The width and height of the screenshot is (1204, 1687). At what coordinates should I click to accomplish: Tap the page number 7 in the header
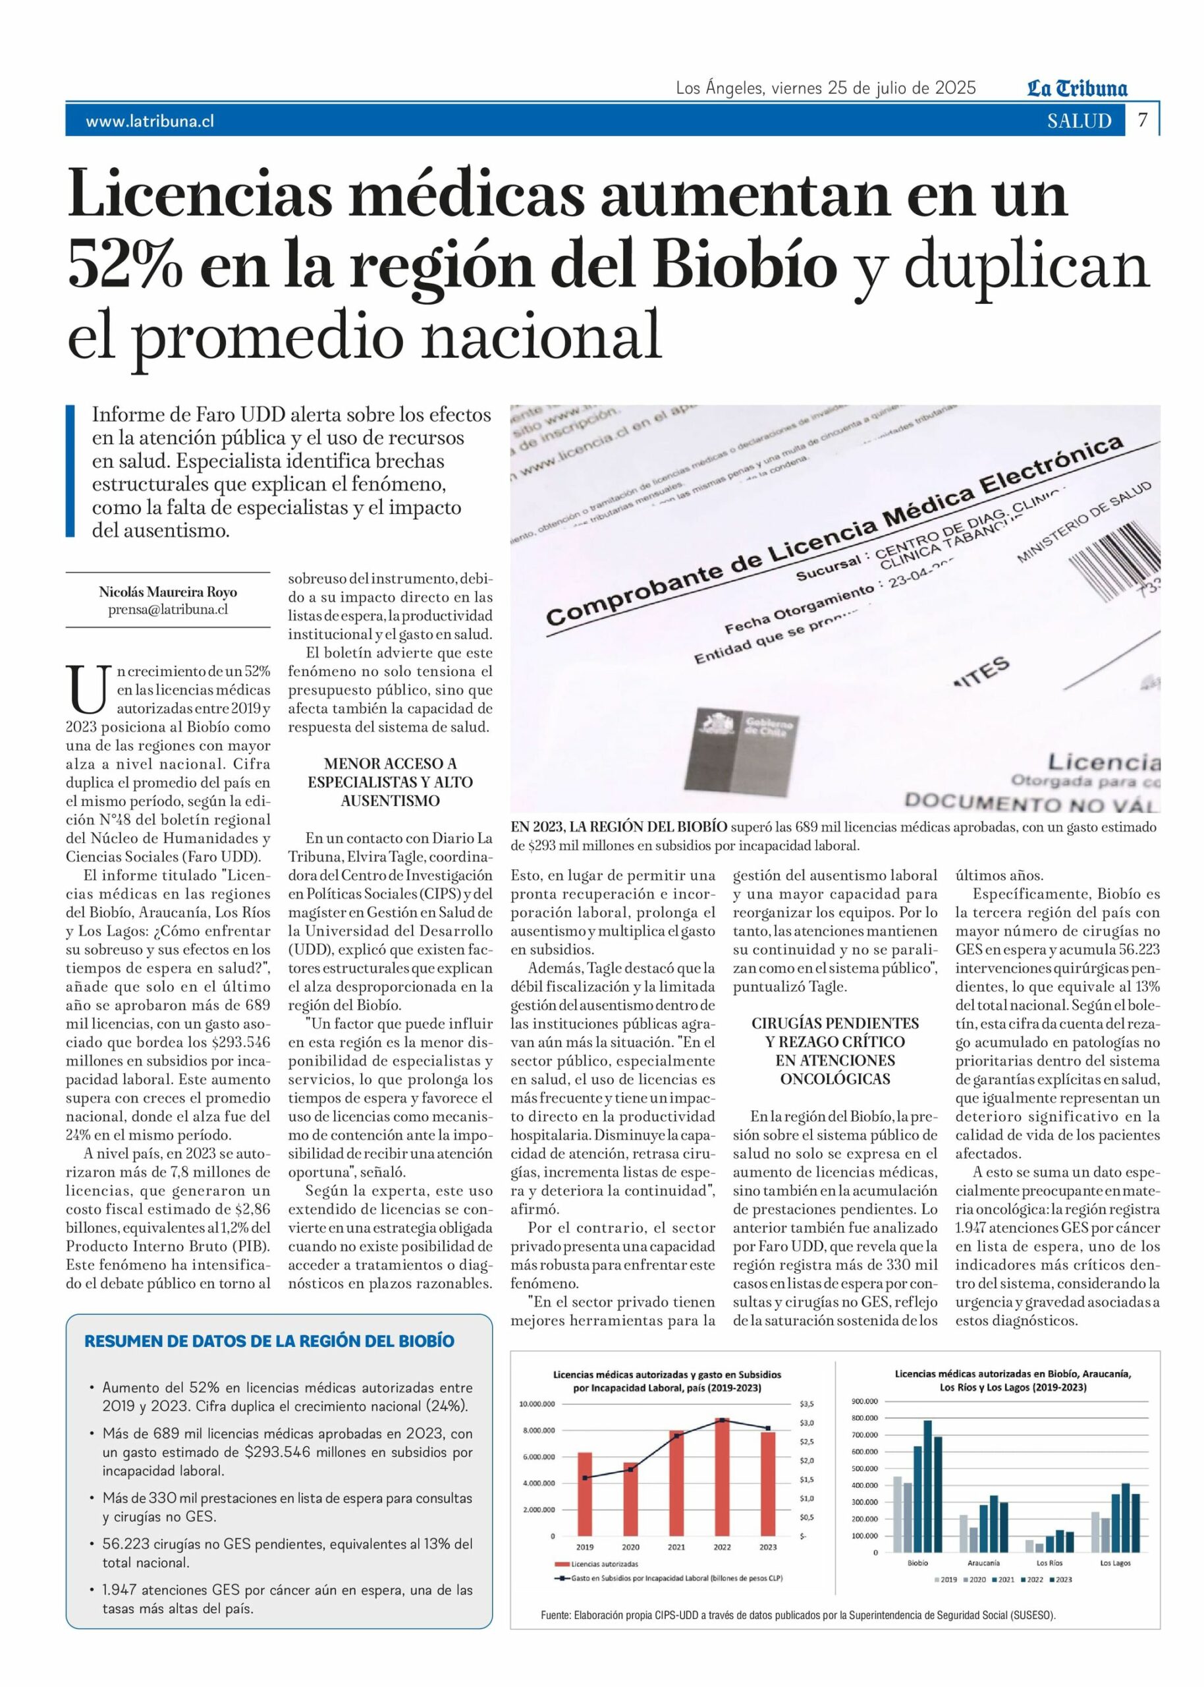(x=1143, y=120)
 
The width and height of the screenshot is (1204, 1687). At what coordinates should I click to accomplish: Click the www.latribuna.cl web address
(x=150, y=122)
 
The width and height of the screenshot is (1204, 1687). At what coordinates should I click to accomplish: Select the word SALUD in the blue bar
(x=1079, y=121)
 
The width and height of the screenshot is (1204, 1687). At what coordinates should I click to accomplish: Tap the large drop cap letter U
(x=88, y=687)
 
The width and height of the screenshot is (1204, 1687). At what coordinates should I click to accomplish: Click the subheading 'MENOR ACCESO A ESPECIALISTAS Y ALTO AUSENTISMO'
(x=390, y=782)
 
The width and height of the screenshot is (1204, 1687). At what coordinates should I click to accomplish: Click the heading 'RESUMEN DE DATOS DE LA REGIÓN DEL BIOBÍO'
(x=269, y=1340)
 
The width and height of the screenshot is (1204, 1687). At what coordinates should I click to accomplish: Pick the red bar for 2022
(x=721, y=1476)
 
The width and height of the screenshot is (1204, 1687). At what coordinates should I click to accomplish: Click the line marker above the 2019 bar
(x=585, y=1478)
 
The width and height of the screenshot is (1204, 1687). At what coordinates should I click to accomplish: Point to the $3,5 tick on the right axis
(x=807, y=1404)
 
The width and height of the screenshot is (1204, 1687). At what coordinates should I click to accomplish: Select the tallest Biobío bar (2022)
(x=927, y=1486)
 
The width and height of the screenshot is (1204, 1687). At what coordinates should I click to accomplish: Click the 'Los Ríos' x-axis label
(x=1049, y=1562)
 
